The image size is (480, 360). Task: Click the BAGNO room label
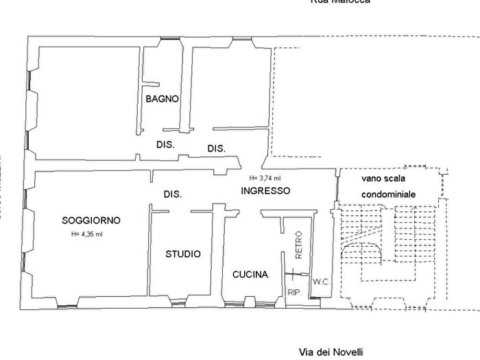click(x=162, y=99)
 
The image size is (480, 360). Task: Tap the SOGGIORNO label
click(x=91, y=220)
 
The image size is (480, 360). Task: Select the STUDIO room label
click(x=183, y=254)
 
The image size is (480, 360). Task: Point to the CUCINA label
click(x=250, y=274)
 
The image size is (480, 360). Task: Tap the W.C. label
click(x=321, y=282)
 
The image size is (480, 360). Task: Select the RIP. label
click(x=295, y=292)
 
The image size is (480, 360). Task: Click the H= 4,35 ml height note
click(x=86, y=235)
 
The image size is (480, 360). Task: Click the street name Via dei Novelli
click(x=331, y=352)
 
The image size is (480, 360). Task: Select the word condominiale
click(x=389, y=195)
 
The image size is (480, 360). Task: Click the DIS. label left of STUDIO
click(x=173, y=194)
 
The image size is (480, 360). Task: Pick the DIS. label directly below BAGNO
click(x=165, y=145)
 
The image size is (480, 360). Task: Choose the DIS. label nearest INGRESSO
click(x=217, y=148)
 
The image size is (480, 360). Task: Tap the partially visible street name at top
click(x=341, y=2)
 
